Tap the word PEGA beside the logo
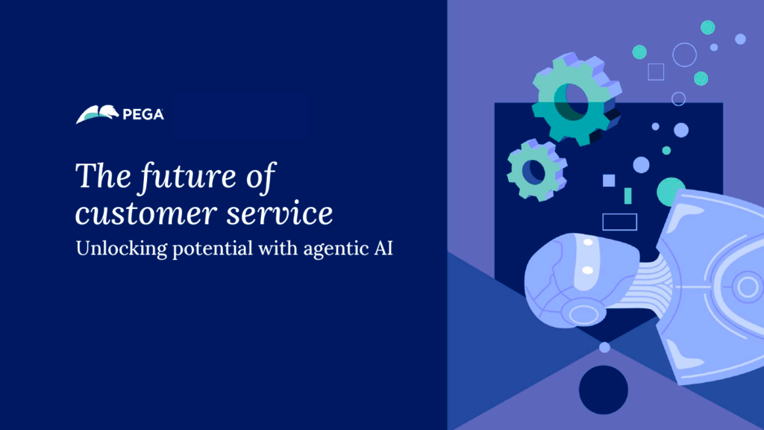(x=143, y=114)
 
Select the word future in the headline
(x=189, y=176)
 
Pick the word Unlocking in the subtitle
(x=122, y=249)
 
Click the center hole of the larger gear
(x=574, y=102)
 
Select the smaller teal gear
(x=537, y=169)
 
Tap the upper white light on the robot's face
(x=588, y=243)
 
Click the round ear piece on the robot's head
(x=583, y=314)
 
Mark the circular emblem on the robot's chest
(x=747, y=287)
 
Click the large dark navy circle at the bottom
(x=603, y=390)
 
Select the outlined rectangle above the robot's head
(x=619, y=222)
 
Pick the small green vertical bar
(x=628, y=196)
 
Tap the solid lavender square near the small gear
(x=609, y=181)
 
